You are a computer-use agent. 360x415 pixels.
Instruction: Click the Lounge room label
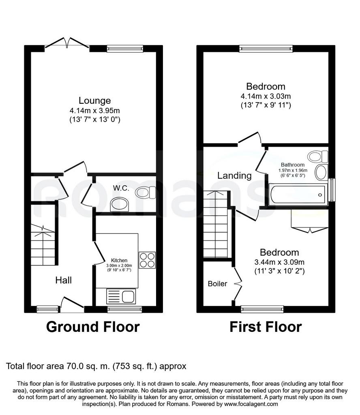pos(95,101)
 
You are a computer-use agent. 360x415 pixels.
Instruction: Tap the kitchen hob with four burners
pos(147,260)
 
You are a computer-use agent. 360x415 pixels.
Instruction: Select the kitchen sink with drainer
pos(121,296)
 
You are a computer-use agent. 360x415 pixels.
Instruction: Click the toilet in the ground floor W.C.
pos(145,192)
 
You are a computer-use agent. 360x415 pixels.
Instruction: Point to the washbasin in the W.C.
pos(119,204)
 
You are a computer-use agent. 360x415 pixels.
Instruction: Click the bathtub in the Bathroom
pos(298,195)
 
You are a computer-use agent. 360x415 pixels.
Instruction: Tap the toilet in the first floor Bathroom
pos(318,156)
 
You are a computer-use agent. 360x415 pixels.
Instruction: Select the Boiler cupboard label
pos(217,284)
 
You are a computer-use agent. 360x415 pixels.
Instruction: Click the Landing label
pos(235,175)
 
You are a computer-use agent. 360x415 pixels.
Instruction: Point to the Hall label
pos(64,280)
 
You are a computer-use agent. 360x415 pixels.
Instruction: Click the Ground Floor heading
pos(93,327)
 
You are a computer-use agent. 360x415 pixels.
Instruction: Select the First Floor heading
pos(266,327)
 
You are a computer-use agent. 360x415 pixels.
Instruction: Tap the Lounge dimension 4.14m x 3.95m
pos(95,110)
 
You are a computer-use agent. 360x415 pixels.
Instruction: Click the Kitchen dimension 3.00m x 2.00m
pos(119,265)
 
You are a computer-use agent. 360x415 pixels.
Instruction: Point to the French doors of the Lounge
pos(67,43)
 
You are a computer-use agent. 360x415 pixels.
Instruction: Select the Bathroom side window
pos(331,190)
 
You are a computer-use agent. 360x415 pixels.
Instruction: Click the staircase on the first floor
pos(215,224)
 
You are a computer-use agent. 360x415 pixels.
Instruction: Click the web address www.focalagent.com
pos(251,404)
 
